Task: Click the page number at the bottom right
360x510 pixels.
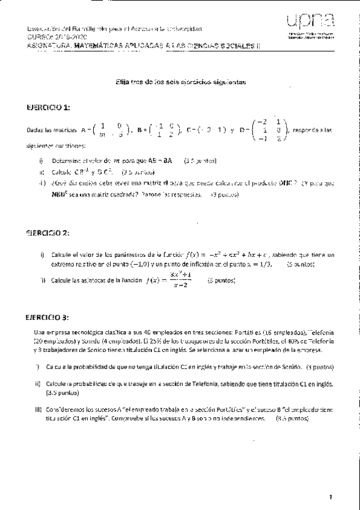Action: [x=330, y=497]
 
